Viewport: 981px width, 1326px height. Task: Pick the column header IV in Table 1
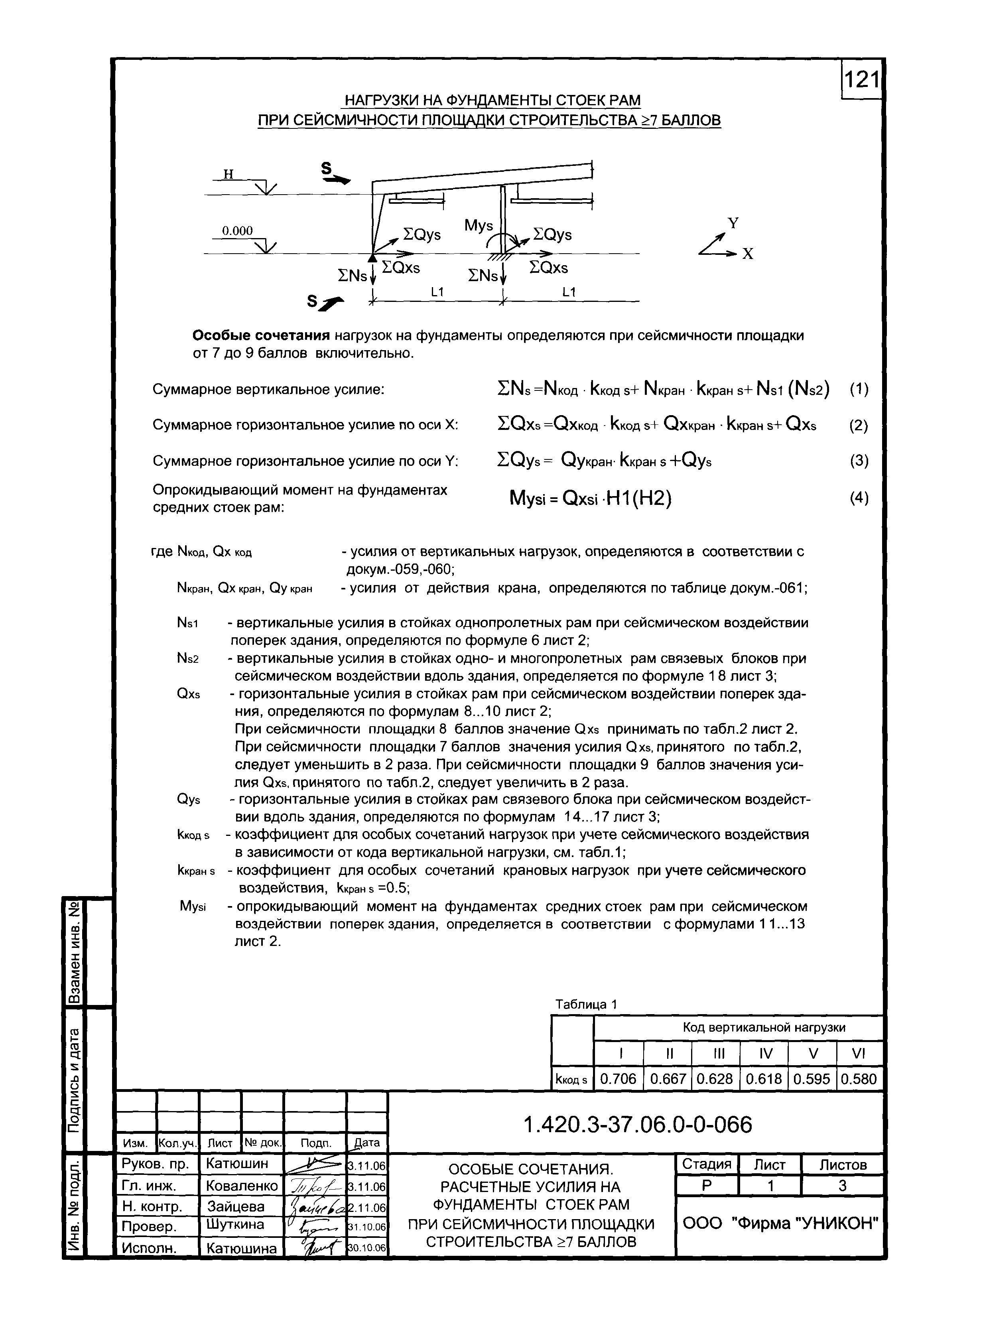click(765, 1054)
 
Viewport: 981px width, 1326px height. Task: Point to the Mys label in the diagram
click(478, 226)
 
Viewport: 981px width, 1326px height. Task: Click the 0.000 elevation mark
click(237, 231)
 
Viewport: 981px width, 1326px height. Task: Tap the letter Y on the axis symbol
click(733, 223)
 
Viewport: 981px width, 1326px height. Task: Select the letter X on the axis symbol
click(748, 254)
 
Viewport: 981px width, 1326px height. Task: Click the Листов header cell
click(842, 1164)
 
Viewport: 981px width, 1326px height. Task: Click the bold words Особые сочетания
click(261, 336)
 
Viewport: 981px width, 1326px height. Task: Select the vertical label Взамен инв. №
click(75, 953)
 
